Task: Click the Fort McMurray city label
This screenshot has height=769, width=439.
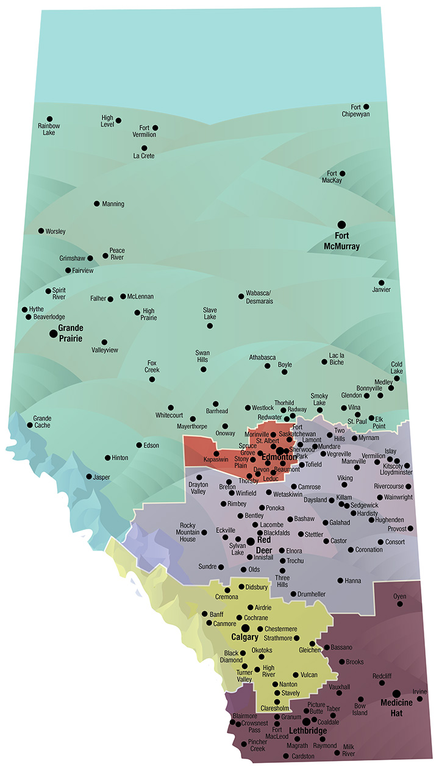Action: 341,241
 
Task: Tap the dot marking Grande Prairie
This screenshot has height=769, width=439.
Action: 53,333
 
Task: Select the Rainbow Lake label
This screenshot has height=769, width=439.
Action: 49,129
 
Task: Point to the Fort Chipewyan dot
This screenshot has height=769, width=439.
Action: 366,107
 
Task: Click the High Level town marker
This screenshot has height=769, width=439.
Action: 118,121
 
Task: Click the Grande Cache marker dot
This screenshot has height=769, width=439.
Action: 29,426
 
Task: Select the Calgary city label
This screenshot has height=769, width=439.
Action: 245,637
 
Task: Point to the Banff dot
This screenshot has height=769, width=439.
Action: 205,614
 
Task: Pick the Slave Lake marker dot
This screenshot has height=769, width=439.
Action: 210,326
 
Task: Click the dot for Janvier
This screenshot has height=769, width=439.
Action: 381,283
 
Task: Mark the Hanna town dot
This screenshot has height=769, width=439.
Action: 340,581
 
